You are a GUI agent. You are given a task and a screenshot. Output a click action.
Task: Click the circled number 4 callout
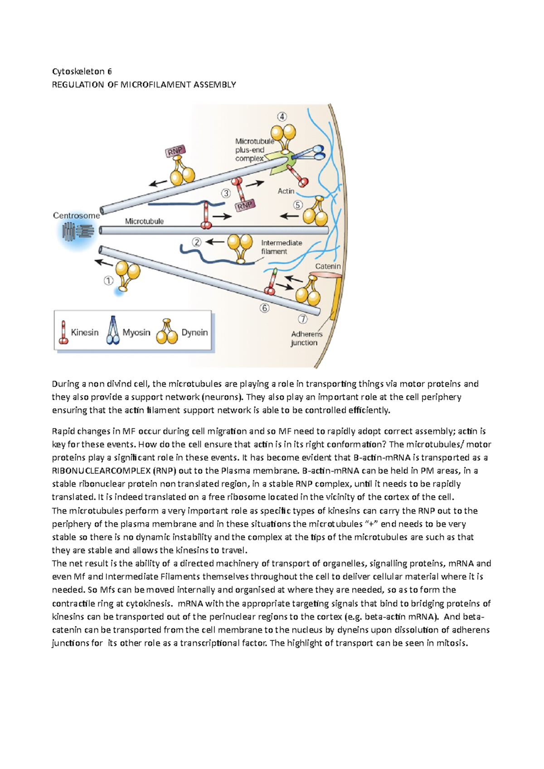(282, 117)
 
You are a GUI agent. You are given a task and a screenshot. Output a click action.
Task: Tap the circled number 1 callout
(108, 281)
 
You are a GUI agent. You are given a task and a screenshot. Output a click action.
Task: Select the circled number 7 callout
(303, 319)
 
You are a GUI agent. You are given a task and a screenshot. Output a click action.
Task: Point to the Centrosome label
(76, 216)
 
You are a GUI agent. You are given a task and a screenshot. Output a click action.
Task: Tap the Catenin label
(328, 266)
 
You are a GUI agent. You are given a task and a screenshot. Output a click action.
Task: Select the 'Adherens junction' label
(306, 338)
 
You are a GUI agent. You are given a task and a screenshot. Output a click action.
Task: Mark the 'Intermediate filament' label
(281, 247)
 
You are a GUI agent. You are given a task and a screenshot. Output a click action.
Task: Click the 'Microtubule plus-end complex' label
(254, 150)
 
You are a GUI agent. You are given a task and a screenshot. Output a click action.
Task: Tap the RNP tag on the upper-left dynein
(175, 151)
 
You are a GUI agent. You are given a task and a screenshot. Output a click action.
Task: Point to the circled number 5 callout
(298, 205)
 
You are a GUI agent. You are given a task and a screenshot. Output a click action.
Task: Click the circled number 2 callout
(196, 242)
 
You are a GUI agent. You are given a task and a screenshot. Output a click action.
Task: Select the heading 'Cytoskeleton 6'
(82, 71)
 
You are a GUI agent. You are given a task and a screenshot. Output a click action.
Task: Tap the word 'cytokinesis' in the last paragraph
(148, 603)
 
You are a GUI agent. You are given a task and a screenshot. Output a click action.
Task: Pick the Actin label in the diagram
(286, 191)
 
